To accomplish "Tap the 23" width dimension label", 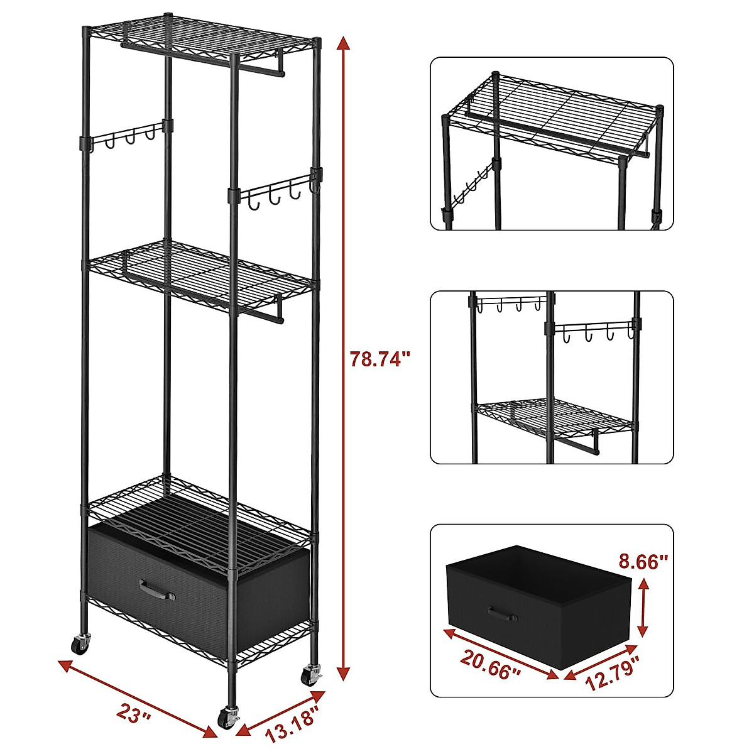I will tap(134, 713).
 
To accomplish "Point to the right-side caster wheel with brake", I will tap(310, 676).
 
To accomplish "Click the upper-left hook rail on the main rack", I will tap(125, 133).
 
